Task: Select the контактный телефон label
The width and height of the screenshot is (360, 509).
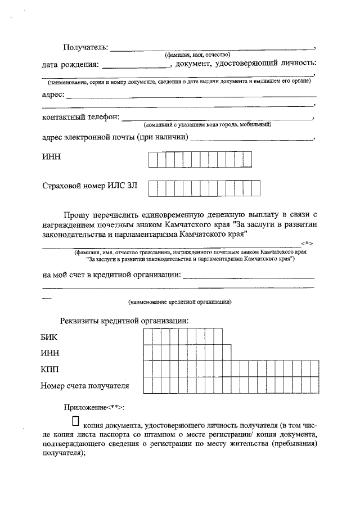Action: coord(80,118)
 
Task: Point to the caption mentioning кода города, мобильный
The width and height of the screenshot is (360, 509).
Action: coord(208,124)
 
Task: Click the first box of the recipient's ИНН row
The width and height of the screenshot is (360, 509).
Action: coord(153,160)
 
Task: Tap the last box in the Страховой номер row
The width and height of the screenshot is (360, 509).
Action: coord(255,188)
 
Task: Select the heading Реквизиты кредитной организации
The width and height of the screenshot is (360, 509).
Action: coord(124,321)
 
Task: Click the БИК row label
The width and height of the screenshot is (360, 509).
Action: coord(49,337)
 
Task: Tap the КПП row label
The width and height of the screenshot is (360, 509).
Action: coord(49,370)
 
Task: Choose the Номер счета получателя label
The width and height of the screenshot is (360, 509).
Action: coord(84,386)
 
